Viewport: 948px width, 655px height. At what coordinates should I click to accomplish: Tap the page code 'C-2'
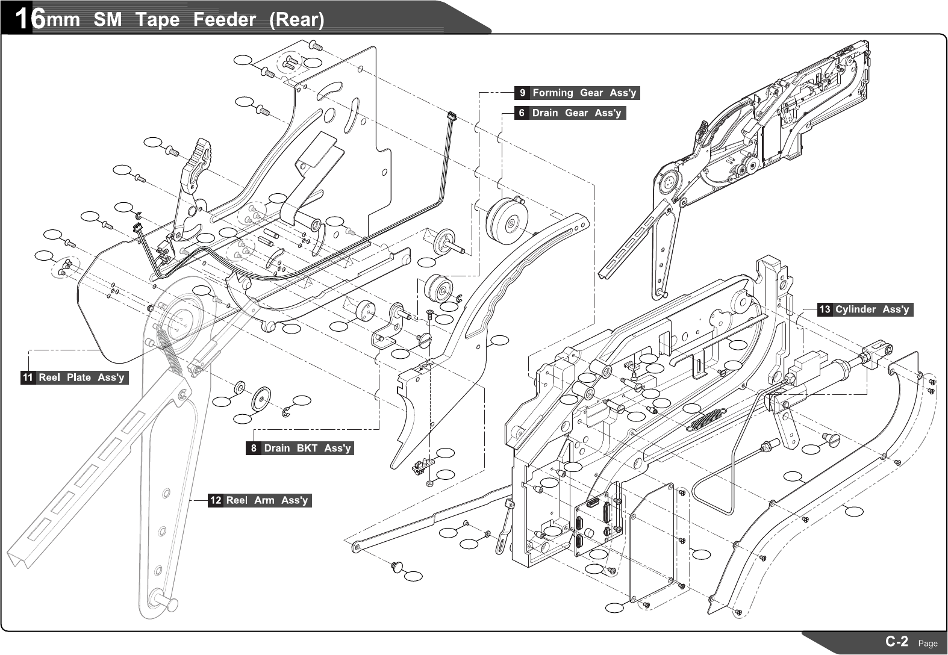(896, 641)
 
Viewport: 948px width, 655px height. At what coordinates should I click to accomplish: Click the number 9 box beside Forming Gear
(522, 93)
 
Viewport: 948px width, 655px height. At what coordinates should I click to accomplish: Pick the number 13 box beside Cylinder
(825, 309)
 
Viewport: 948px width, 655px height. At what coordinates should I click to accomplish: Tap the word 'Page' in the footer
(928, 644)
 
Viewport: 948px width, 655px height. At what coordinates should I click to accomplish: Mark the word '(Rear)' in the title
(296, 20)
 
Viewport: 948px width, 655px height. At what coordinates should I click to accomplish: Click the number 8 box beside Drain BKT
(254, 449)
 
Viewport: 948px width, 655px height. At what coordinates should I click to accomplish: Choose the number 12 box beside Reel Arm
(216, 500)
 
